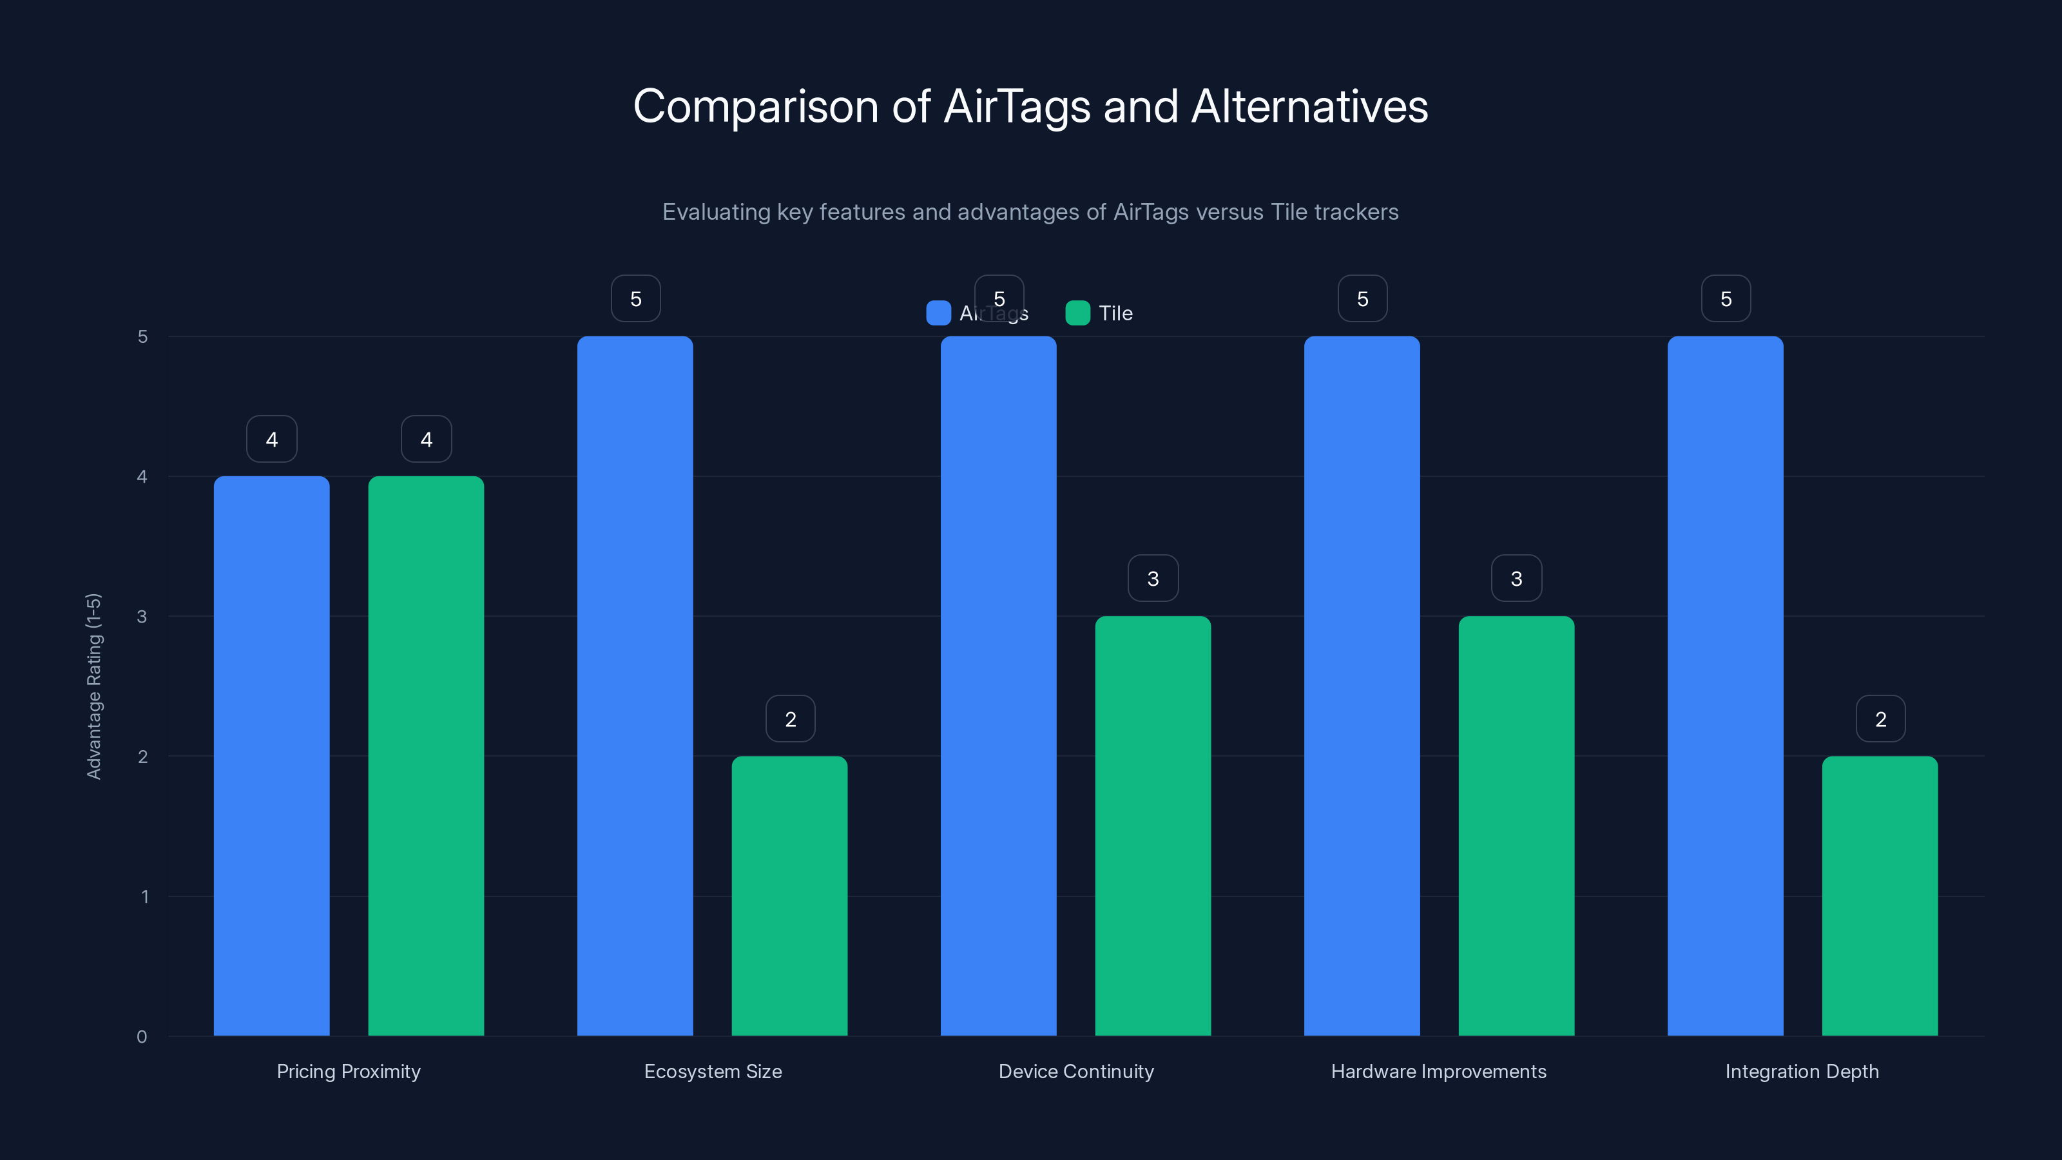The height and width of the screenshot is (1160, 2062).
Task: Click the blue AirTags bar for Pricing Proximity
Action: pyautogui.click(x=271, y=756)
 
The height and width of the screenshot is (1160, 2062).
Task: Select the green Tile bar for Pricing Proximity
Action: pyautogui.click(x=426, y=756)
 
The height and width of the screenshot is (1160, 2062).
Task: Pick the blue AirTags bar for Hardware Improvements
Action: pyautogui.click(x=1362, y=686)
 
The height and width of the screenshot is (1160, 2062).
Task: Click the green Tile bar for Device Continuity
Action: pyautogui.click(x=1153, y=826)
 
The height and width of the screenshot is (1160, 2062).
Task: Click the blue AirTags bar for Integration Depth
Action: pyautogui.click(x=1725, y=686)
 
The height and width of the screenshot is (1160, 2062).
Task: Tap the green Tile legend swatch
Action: pyautogui.click(x=1077, y=313)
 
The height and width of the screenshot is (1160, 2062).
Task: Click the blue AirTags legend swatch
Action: pyautogui.click(x=938, y=313)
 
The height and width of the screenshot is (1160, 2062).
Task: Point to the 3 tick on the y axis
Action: pyautogui.click(x=142, y=617)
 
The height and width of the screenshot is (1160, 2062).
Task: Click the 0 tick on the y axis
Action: pyautogui.click(x=142, y=1037)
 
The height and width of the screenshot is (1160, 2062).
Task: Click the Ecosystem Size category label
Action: pyautogui.click(x=713, y=1071)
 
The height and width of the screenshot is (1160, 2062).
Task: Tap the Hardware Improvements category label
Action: pyautogui.click(x=1438, y=1071)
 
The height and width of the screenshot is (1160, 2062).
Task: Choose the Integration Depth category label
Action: pyautogui.click(x=1802, y=1071)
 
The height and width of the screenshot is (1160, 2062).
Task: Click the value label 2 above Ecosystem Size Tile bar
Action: pyautogui.click(x=790, y=719)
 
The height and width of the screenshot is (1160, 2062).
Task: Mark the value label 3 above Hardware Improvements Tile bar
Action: pyautogui.click(x=1516, y=579)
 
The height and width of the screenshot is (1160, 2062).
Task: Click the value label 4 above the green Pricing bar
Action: pyautogui.click(x=426, y=440)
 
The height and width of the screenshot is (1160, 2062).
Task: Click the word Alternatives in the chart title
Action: pyautogui.click(x=1309, y=106)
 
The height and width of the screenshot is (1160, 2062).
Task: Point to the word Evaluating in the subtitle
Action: pyautogui.click(x=716, y=212)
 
